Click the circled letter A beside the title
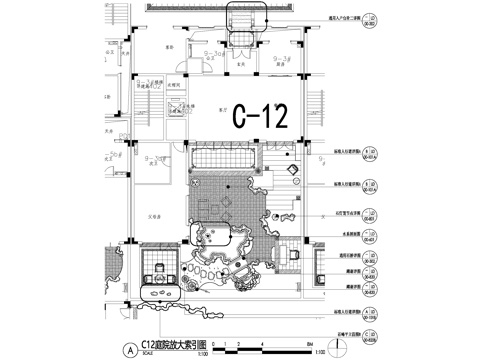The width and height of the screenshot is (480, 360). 129,350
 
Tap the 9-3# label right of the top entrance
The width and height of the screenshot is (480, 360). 283,60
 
